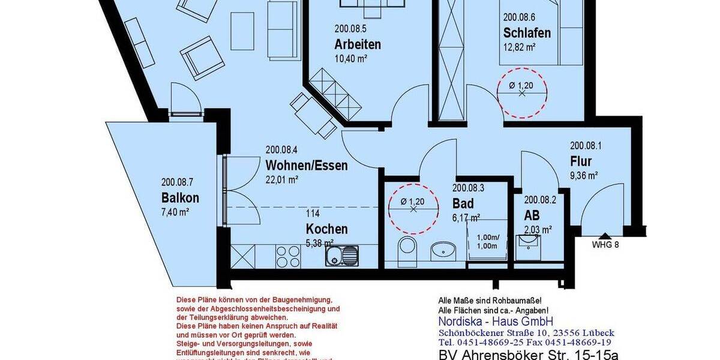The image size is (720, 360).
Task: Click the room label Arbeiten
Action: pos(358,44)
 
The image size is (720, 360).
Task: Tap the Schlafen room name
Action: pos(527,32)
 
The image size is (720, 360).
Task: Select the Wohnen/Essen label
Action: pos(306,165)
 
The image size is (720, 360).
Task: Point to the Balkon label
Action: pos(180,198)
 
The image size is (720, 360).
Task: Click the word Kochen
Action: pos(326,229)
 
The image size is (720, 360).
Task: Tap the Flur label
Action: pos(581,161)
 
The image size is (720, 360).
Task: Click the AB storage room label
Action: pos(532,215)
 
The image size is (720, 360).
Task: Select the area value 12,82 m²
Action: pos(520,47)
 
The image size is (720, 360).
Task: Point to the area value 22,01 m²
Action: pos(282,179)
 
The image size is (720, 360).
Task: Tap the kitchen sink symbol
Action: pos(342,256)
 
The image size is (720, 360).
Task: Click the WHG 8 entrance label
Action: pos(605,244)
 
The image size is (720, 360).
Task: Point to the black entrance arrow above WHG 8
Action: pos(605,236)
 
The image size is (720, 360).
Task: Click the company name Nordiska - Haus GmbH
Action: pos(496,322)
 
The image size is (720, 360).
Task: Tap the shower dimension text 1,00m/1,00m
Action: pos(487,242)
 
